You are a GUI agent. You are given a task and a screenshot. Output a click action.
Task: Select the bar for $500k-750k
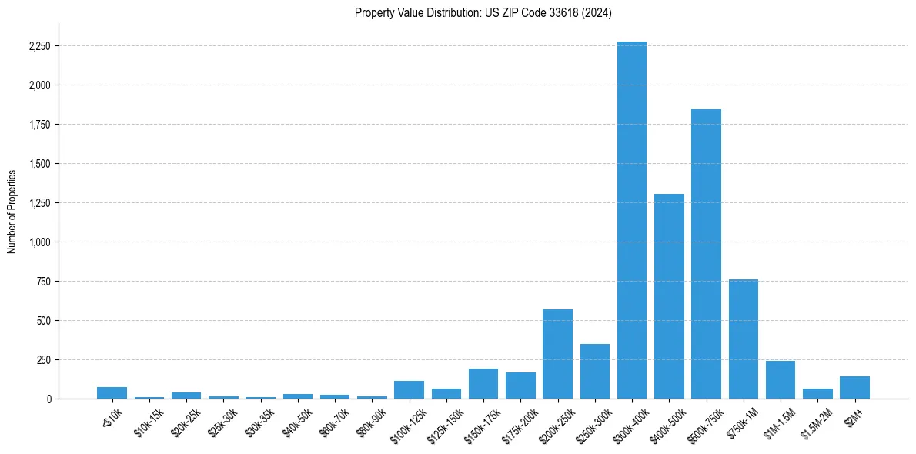(x=706, y=254)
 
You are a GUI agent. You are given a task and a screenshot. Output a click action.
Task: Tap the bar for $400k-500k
(x=669, y=296)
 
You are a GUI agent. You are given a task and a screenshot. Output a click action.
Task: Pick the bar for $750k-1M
(x=744, y=339)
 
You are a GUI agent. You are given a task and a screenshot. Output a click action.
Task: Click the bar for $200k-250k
(x=557, y=354)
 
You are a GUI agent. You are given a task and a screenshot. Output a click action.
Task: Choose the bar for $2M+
(x=854, y=387)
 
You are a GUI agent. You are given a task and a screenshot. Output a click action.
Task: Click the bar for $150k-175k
(x=483, y=383)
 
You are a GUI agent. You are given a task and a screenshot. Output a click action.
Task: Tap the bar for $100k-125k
(x=409, y=389)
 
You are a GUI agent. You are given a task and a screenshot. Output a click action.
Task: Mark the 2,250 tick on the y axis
(x=39, y=46)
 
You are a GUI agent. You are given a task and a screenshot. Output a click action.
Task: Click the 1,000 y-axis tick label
(x=39, y=242)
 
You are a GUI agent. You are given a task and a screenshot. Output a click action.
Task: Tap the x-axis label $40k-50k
(x=297, y=420)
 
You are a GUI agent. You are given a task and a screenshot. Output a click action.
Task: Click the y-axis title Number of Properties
(x=12, y=211)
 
